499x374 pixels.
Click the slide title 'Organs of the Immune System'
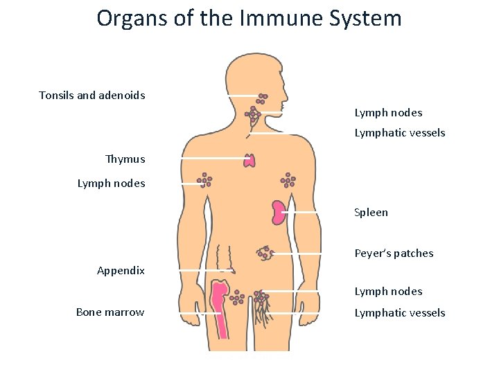[x=249, y=18]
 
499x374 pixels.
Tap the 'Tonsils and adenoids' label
[x=92, y=95]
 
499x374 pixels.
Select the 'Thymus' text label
[x=125, y=159]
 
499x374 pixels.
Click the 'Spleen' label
[x=371, y=213]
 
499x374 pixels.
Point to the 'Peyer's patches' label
[x=394, y=253]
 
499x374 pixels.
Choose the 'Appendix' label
[x=121, y=271]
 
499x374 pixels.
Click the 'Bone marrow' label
[x=110, y=312]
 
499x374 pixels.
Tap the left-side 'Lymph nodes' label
[x=111, y=184]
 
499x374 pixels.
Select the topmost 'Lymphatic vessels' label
[x=400, y=133]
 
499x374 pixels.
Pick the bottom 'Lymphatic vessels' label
[x=400, y=313]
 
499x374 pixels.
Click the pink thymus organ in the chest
[x=249, y=161]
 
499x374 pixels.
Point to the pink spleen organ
[x=279, y=212]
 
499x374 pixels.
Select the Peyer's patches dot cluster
[x=264, y=253]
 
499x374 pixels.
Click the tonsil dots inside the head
[x=262, y=98]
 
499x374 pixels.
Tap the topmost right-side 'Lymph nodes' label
[x=388, y=113]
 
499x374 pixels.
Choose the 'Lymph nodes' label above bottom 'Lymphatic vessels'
[x=388, y=292]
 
